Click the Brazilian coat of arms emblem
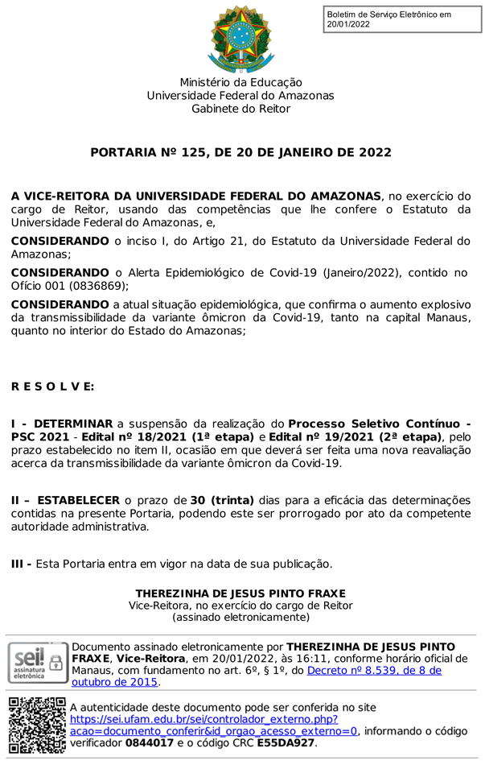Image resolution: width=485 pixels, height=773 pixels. click(x=241, y=38)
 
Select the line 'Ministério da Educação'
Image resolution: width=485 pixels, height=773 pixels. click(x=241, y=82)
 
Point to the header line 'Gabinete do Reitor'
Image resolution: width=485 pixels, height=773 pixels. click(x=241, y=109)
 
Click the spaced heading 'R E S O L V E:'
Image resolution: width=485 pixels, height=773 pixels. click(x=52, y=386)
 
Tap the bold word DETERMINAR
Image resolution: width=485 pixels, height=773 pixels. click(x=74, y=423)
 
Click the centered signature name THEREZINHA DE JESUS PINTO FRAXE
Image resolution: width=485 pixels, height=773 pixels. click(x=241, y=593)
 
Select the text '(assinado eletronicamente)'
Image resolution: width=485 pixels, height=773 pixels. click(x=241, y=618)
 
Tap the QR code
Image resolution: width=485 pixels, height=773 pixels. click(x=37, y=725)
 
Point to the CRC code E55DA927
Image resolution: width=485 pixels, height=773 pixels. click(x=286, y=743)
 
